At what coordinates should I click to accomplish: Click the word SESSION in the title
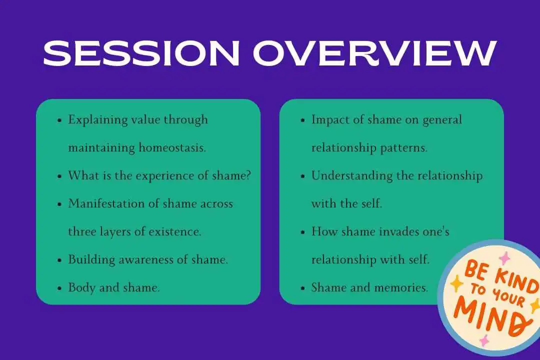click(141, 53)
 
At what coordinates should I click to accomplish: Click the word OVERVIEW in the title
click(374, 53)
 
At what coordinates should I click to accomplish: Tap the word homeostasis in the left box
click(172, 148)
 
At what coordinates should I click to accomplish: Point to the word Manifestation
click(106, 203)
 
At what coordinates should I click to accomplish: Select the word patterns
click(403, 148)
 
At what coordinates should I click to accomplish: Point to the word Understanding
click(352, 176)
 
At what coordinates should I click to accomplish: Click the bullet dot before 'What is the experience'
click(59, 176)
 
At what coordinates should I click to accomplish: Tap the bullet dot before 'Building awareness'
click(59, 260)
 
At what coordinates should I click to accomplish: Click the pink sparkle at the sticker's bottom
click(484, 340)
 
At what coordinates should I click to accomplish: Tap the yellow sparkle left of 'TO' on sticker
click(457, 283)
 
